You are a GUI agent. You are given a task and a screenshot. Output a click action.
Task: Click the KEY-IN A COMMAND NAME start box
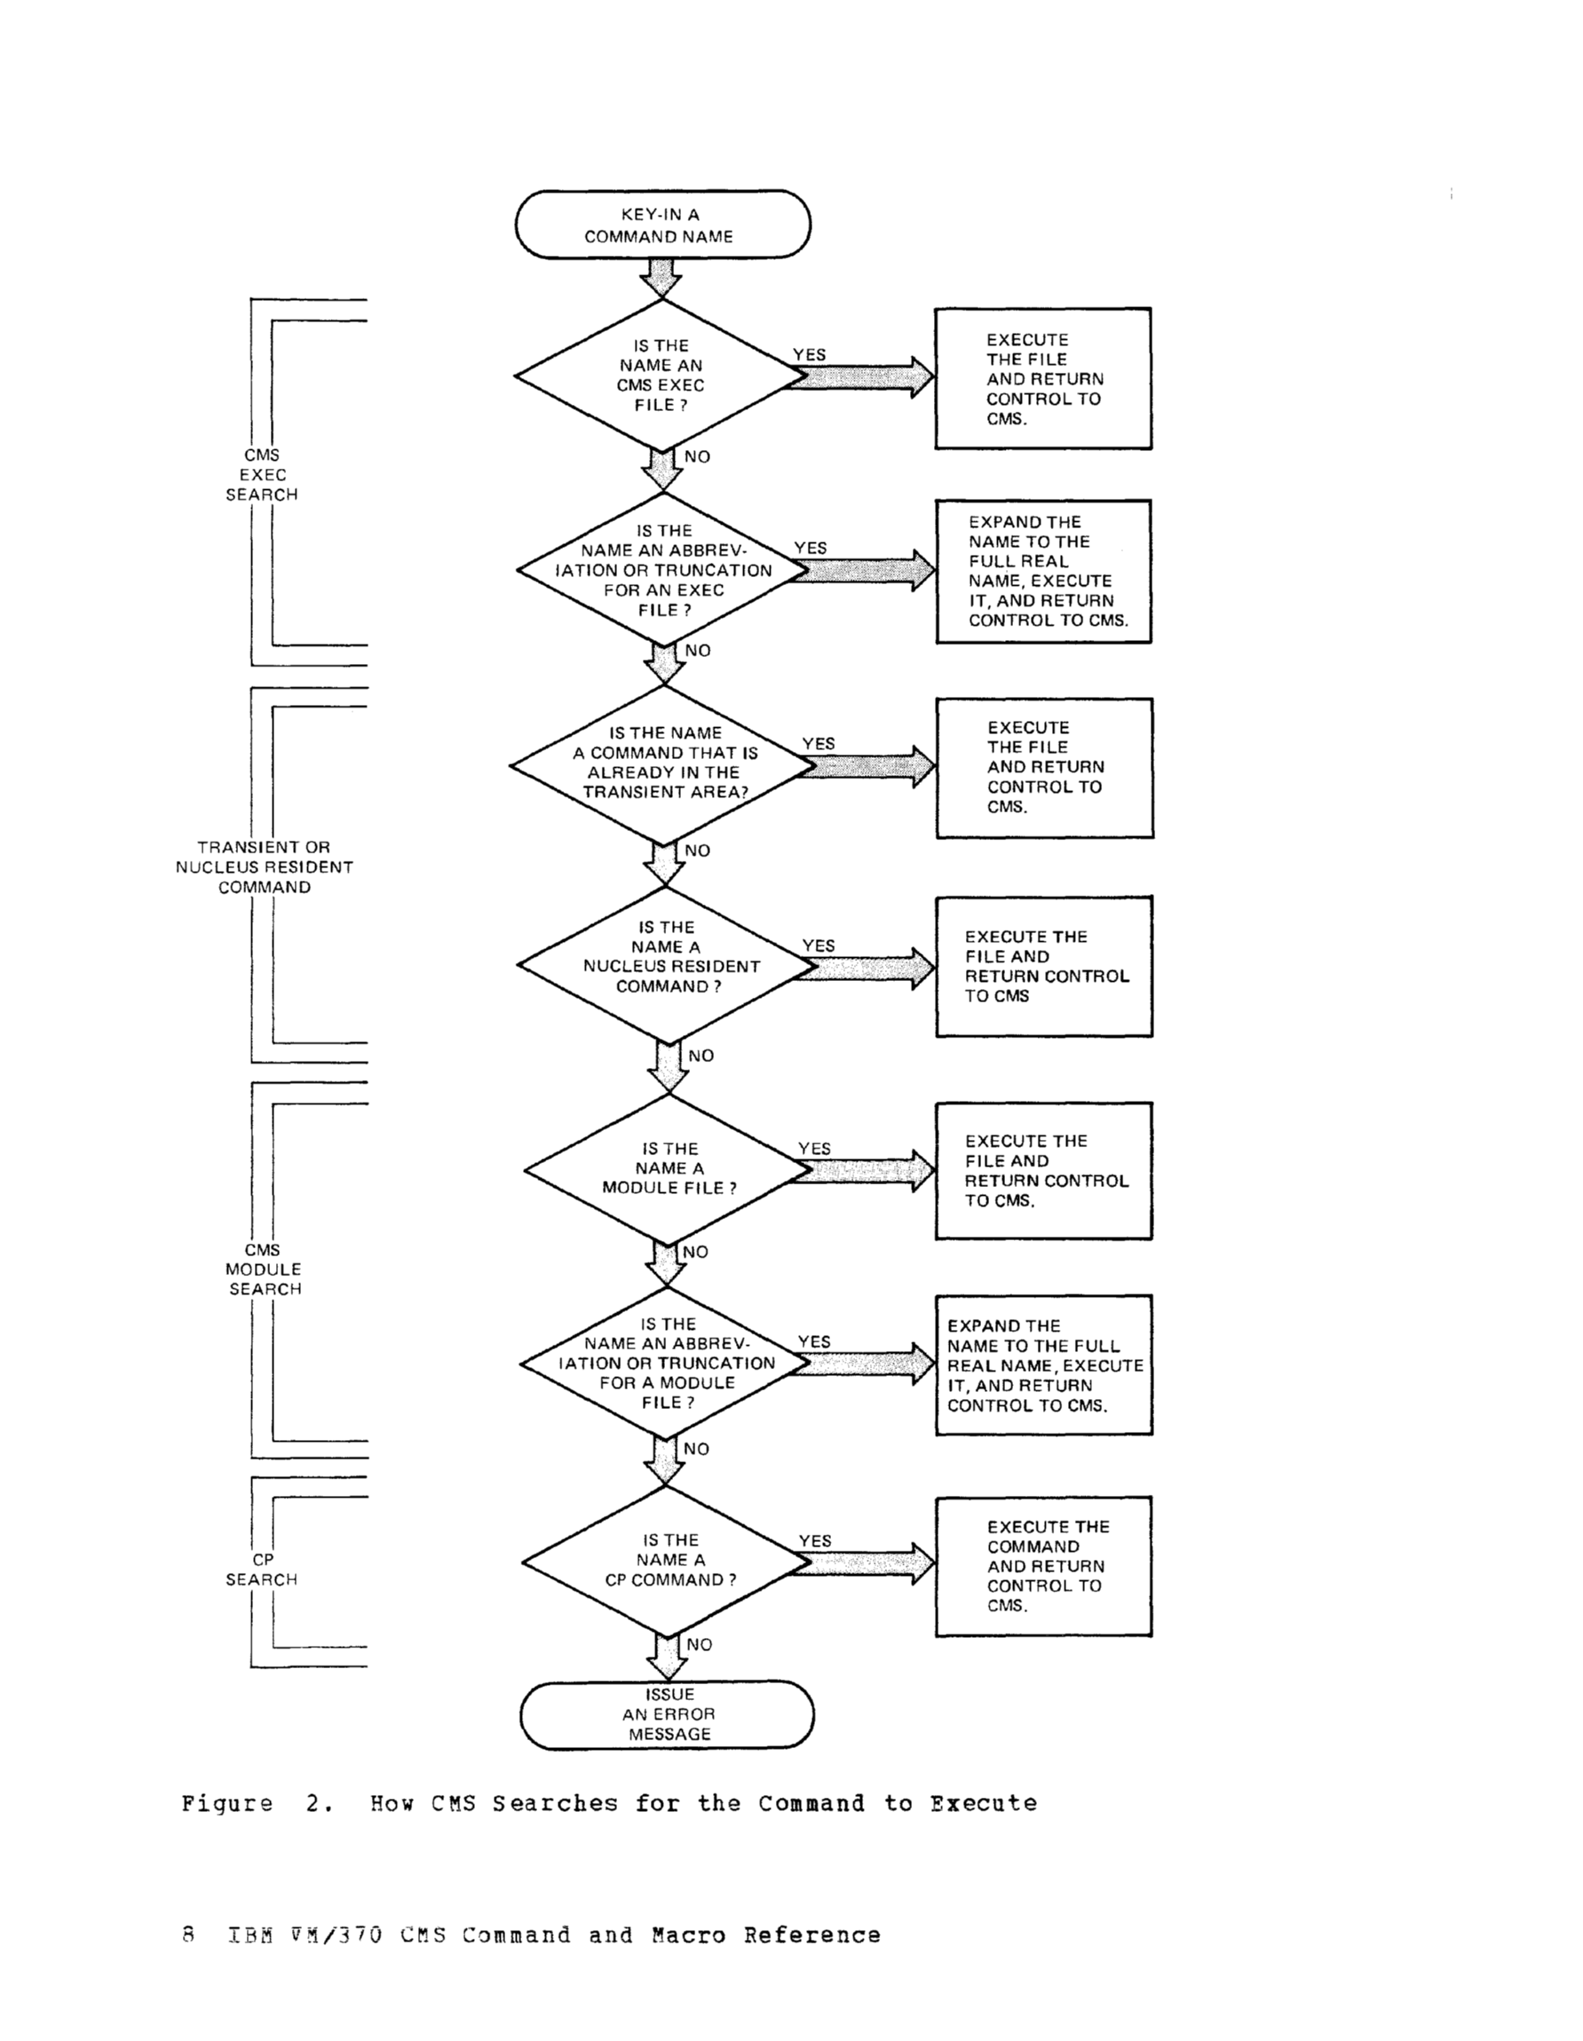coord(661,225)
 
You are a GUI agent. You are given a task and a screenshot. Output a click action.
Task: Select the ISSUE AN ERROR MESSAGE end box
coord(668,1714)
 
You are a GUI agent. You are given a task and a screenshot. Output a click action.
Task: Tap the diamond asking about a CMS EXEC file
coord(660,376)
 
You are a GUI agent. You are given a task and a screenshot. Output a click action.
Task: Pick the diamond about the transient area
coord(663,763)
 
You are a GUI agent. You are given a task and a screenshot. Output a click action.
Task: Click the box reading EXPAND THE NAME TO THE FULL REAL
coord(1043,571)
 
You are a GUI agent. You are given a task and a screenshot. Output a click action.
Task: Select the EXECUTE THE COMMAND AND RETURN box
coord(1043,1565)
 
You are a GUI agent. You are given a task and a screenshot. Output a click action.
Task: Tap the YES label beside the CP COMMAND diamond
coord(815,1540)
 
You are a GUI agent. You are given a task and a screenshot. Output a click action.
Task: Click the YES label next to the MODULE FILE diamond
coord(814,1148)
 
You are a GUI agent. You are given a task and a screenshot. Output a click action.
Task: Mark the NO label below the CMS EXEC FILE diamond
coord(697,457)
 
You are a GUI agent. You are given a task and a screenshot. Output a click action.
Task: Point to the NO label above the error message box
coord(699,1644)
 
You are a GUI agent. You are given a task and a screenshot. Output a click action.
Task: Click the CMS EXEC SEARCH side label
coord(262,475)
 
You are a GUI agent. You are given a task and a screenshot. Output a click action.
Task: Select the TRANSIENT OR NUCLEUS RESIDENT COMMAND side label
coord(265,867)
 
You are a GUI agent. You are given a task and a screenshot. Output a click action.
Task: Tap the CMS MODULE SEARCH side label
coord(264,1270)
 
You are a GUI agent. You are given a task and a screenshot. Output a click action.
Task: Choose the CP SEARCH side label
coord(262,1569)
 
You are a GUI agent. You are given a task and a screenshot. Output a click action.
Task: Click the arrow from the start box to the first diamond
coord(661,278)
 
